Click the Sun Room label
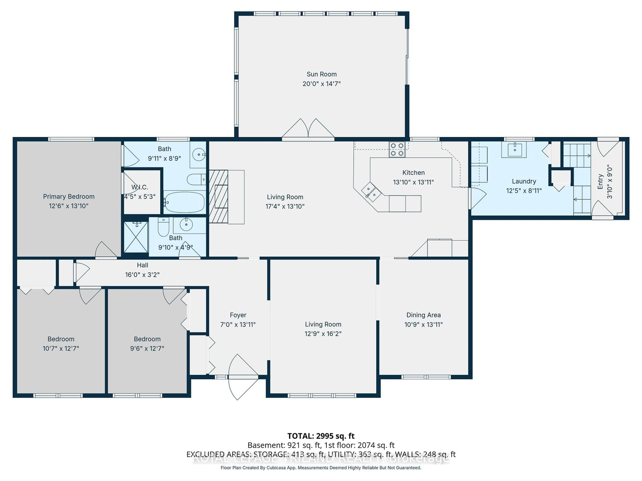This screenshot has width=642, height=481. pos(321,74)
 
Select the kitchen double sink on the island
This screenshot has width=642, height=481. pos(371,192)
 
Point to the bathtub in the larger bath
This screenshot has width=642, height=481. pos(184,202)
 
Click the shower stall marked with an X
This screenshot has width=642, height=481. pos(136,237)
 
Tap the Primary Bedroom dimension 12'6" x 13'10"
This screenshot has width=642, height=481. pos(69,206)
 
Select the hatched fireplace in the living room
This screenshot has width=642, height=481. pos(218,196)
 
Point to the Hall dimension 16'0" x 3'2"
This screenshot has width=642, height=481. pos(142,275)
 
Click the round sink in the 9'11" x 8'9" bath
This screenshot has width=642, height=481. pos(199,154)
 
